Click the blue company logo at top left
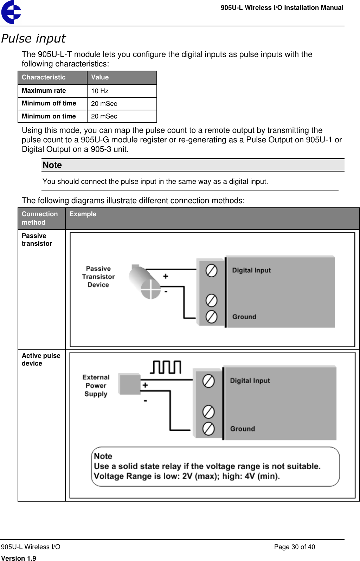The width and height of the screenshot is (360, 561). tap(11, 12)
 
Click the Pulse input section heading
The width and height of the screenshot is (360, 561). tap(33, 38)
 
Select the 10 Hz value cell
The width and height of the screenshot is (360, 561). tap(100, 91)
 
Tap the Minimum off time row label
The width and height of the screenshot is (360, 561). tap(49, 103)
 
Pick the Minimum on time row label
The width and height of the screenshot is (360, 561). tap(49, 116)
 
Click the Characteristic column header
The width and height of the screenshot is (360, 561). tap(44, 77)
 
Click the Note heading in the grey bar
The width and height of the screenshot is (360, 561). tap(52, 165)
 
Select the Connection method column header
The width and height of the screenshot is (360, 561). tap(39, 218)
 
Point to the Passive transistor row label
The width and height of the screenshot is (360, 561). tap(37, 240)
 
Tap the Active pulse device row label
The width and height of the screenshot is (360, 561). tap(41, 360)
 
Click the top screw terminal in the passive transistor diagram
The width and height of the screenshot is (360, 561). tap(211, 271)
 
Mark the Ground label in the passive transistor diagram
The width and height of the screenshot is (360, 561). tap(244, 317)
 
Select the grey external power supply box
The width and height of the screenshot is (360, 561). tap(129, 385)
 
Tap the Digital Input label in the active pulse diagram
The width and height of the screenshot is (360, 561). tap(250, 381)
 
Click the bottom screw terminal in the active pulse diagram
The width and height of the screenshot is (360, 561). tap(208, 428)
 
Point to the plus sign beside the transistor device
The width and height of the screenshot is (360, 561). tap(166, 276)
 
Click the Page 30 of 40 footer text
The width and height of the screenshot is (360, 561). tap(294, 547)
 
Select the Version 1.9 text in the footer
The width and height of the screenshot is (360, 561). tap(19, 558)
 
